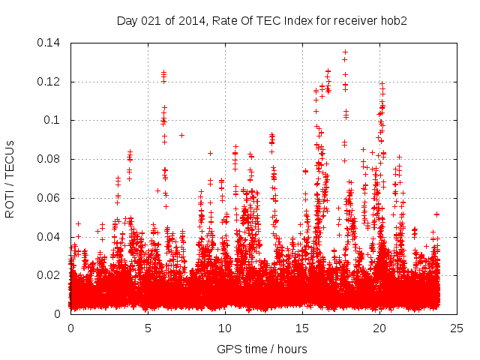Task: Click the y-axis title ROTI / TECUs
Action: pyautogui.click(x=10, y=178)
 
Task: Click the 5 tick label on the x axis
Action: pyautogui.click(x=148, y=328)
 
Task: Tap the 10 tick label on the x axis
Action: pyautogui.click(x=225, y=328)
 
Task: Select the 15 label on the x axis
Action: pyautogui.click(x=302, y=328)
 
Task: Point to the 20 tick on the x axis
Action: pyautogui.click(x=379, y=328)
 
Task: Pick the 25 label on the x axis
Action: pyautogui.click(x=457, y=328)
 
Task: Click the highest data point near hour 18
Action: pyautogui.click(x=344, y=52)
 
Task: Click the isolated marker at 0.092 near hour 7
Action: pyautogui.click(x=181, y=135)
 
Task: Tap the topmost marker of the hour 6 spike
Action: pyautogui.click(x=163, y=72)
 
